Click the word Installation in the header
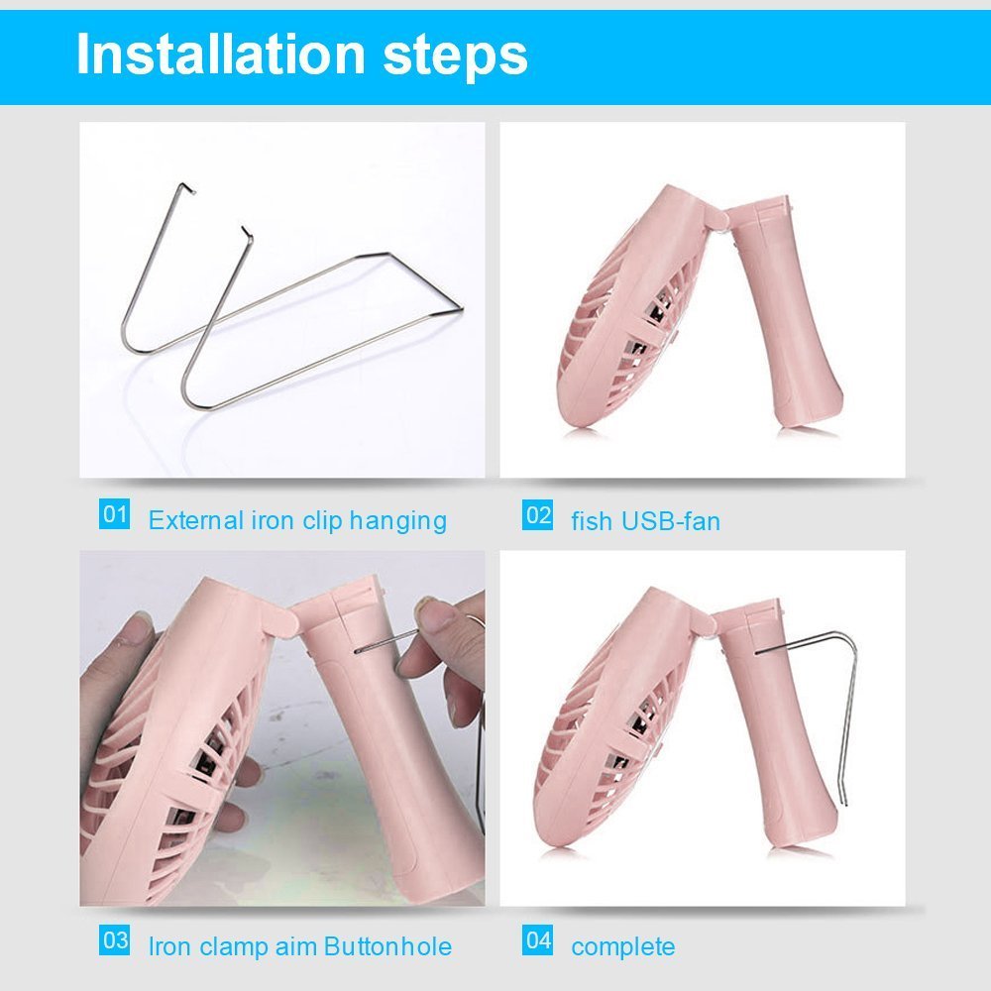(221, 54)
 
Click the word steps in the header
(455, 56)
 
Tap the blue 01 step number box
(114, 513)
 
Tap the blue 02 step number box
(537, 514)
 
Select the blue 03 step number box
(114, 939)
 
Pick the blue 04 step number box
(537, 939)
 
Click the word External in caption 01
(196, 520)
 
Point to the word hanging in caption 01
(398, 522)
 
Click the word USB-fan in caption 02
(671, 521)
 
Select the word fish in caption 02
(592, 521)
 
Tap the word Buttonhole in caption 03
(388, 946)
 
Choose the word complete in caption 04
(623, 947)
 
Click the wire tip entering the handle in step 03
(357, 650)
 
